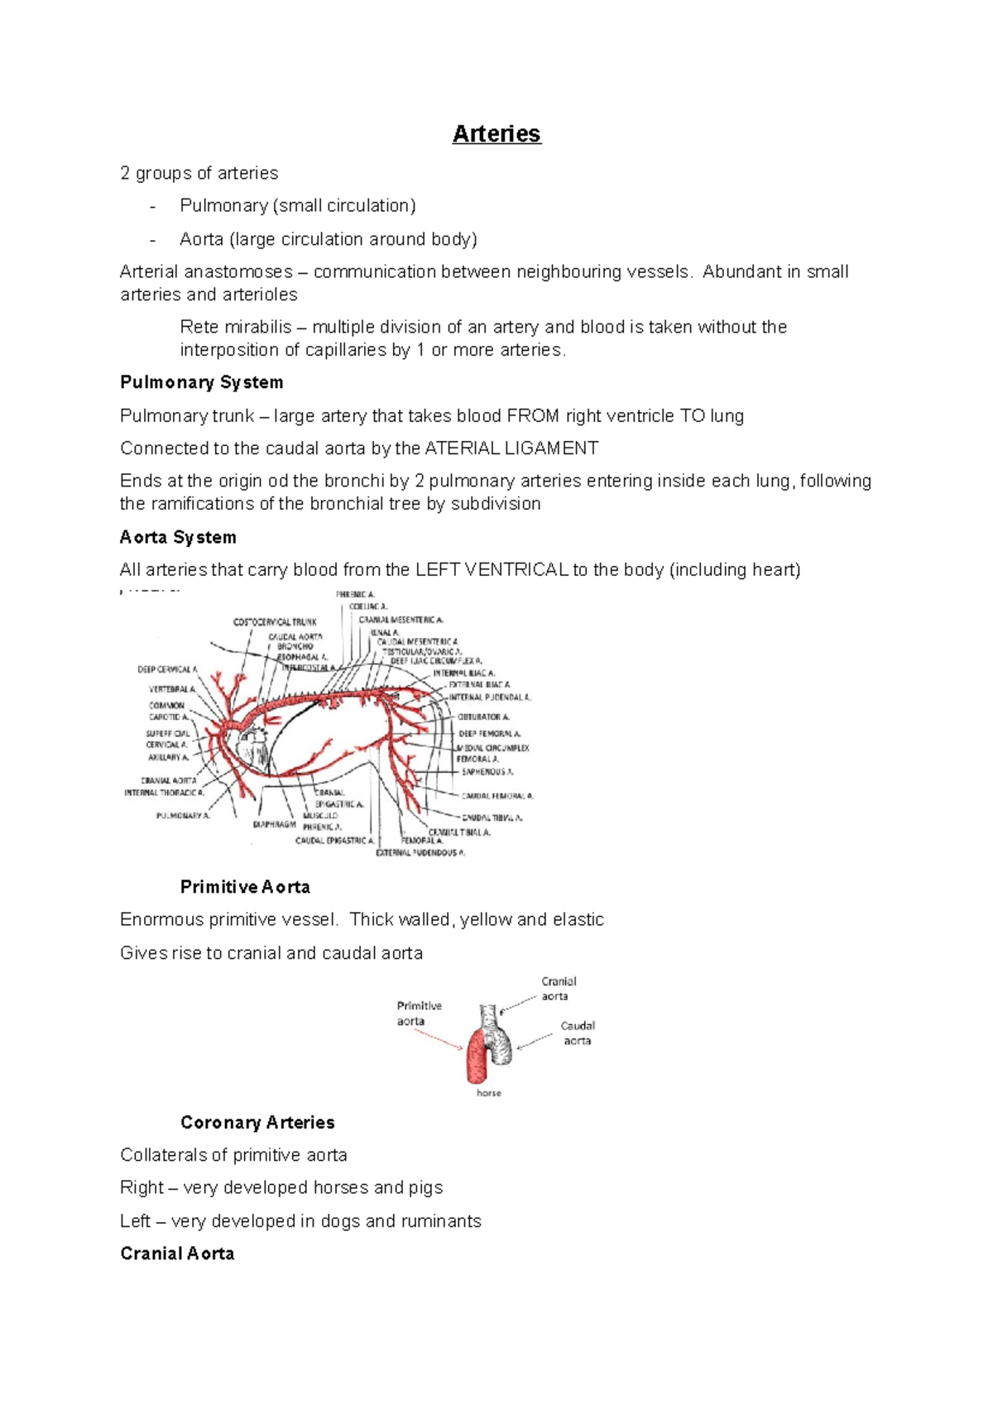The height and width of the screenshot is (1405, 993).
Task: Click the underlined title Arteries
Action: coord(496,134)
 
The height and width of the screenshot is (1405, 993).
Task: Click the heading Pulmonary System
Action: coord(201,382)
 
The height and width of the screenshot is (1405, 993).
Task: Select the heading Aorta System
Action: coord(178,537)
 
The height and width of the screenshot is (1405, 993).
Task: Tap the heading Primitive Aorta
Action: coord(245,887)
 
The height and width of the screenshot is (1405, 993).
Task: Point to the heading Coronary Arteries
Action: coord(257,1123)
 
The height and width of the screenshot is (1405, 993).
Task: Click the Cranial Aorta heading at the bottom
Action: coord(177,1254)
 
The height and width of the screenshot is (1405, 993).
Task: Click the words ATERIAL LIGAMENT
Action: coord(511,448)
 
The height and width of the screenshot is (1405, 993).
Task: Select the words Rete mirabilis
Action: coord(235,327)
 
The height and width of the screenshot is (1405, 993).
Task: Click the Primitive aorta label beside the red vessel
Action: coord(419,1014)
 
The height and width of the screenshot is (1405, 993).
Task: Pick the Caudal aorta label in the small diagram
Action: coord(578,1033)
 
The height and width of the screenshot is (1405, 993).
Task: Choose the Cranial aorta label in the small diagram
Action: coord(559,989)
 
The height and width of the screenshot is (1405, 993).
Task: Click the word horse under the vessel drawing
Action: coord(488,1093)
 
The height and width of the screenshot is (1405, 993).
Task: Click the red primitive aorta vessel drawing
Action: coord(478,1059)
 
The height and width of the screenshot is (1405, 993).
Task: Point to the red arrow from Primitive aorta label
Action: coord(439,1039)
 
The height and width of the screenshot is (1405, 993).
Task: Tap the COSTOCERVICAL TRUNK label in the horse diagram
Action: coord(275,622)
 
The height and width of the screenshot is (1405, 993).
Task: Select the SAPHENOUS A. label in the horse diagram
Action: coord(487,772)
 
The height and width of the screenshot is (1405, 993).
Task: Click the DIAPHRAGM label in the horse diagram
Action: coord(274,825)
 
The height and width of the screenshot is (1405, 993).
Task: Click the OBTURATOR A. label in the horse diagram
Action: coord(483,717)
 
